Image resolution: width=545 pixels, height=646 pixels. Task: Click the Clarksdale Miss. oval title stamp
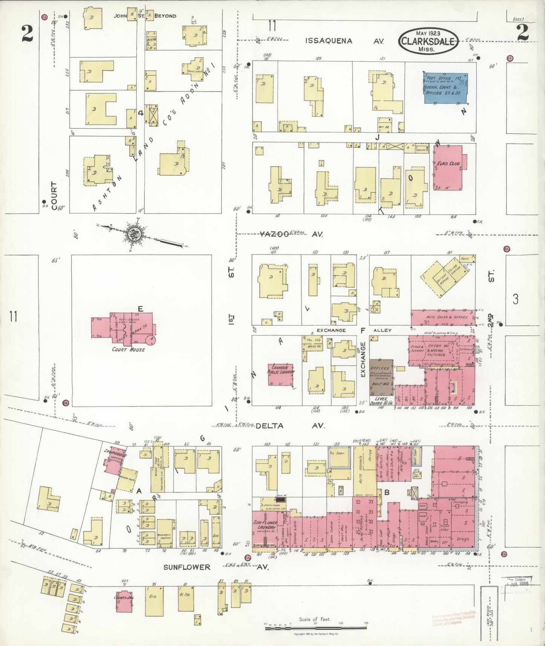pyautogui.click(x=428, y=41)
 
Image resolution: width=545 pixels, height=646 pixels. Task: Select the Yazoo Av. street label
pyautogui.click(x=290, y=234)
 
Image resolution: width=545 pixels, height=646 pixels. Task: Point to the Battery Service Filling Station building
pyautogui.click(x=445, y=277)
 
